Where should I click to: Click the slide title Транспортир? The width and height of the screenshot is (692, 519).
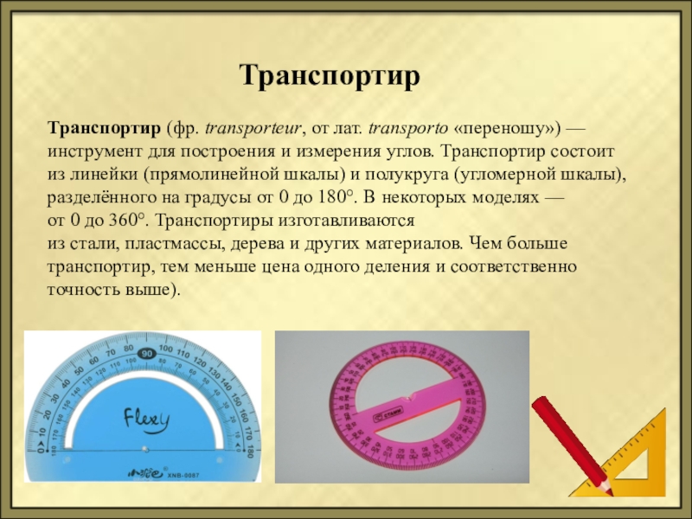tap(330, 76)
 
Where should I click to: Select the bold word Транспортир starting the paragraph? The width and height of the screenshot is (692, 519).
tap(105, 128)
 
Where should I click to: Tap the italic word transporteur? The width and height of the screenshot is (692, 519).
tap(253, 129)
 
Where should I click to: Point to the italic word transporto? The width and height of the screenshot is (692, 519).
tap(408, 129)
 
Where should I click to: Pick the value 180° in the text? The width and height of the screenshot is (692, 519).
tap(336, 197)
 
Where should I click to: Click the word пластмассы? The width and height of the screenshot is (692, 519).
tap(175, 244)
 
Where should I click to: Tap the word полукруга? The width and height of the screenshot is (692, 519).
tap(405, 175)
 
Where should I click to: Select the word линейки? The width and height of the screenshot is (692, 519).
tap(103, 175)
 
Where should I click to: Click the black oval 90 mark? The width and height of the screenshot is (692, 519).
tap(147, 354)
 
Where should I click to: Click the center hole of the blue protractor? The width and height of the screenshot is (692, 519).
tap(144, 450)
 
